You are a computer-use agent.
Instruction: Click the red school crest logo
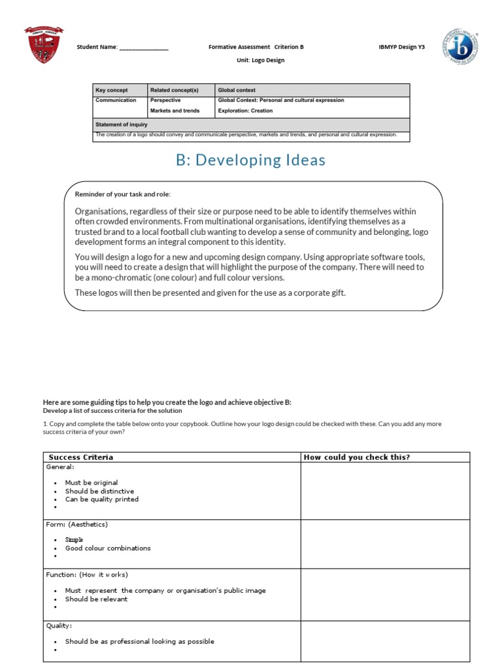point(43,45)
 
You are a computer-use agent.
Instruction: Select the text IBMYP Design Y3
point(401,47)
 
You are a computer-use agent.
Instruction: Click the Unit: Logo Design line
point(260,60)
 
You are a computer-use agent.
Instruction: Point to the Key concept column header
point(112,90)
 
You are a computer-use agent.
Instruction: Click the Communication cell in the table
point(116,101)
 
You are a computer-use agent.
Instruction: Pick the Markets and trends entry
point(175,111)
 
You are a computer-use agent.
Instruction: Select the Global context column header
point(236,90)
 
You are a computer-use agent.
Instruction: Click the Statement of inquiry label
point(122,124)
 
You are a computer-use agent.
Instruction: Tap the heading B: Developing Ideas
point(250,160)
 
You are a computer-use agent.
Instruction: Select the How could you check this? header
point(356,457)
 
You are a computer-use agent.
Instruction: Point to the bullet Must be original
point(92,482)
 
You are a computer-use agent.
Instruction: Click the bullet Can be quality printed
point(101,499)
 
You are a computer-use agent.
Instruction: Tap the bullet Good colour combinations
point(108,548)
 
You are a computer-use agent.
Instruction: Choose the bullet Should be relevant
point(96,599)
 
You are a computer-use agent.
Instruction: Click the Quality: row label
point(59,626)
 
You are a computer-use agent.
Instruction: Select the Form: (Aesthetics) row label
point(76,524)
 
